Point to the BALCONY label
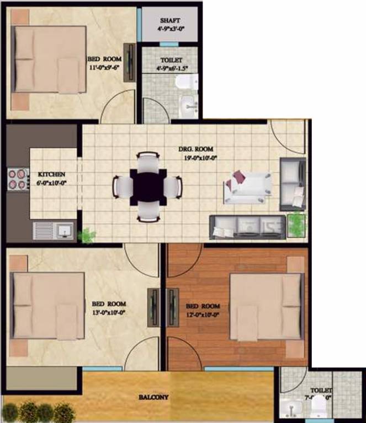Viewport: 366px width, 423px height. [153, 397]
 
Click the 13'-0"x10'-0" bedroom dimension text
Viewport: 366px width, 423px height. [109, 312]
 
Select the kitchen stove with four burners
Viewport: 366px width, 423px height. [18, 178]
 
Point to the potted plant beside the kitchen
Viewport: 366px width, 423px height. [87, 236]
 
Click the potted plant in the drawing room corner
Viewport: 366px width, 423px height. [296, 224]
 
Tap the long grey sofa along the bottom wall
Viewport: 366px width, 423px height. [247, 225]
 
